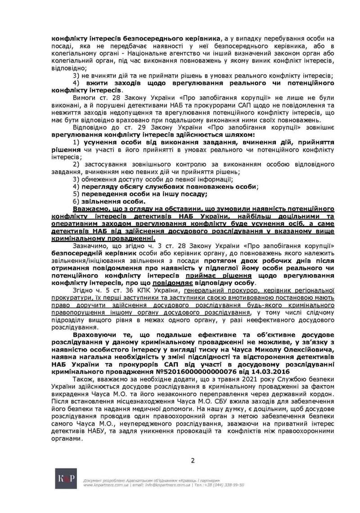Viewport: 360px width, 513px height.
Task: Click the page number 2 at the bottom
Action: pos(193,460)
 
